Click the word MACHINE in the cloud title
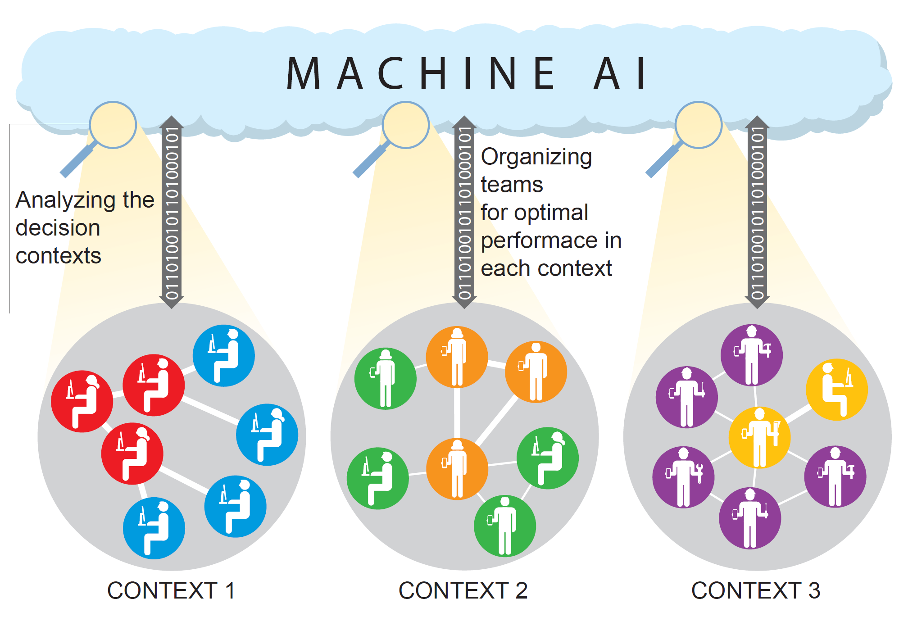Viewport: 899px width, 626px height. click(421, 73)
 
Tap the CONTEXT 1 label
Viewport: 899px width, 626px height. click(171, 590)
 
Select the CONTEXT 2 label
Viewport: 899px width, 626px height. click(463, 590)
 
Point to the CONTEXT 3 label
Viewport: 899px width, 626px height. click(756, 590)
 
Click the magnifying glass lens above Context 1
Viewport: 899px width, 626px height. click(113, 125)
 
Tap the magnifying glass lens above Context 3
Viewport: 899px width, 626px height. click(699, 125)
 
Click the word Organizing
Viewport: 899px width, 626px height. click(536, 158)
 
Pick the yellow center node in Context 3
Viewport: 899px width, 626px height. click(759, 437)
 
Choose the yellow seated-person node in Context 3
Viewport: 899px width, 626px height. click(836, 390)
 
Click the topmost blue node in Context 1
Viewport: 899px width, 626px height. click(224, 356)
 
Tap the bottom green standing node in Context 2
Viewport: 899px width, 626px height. click(505, 526)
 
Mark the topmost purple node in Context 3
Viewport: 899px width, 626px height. click(752, 355)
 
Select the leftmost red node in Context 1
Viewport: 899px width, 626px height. click(82, 401)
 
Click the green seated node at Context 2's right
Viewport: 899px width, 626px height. click(548, 458)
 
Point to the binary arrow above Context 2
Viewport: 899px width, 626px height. click(464, 212)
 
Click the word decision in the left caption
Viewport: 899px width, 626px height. click(58, 228)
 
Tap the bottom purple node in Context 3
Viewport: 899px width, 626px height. click(750, 518)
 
